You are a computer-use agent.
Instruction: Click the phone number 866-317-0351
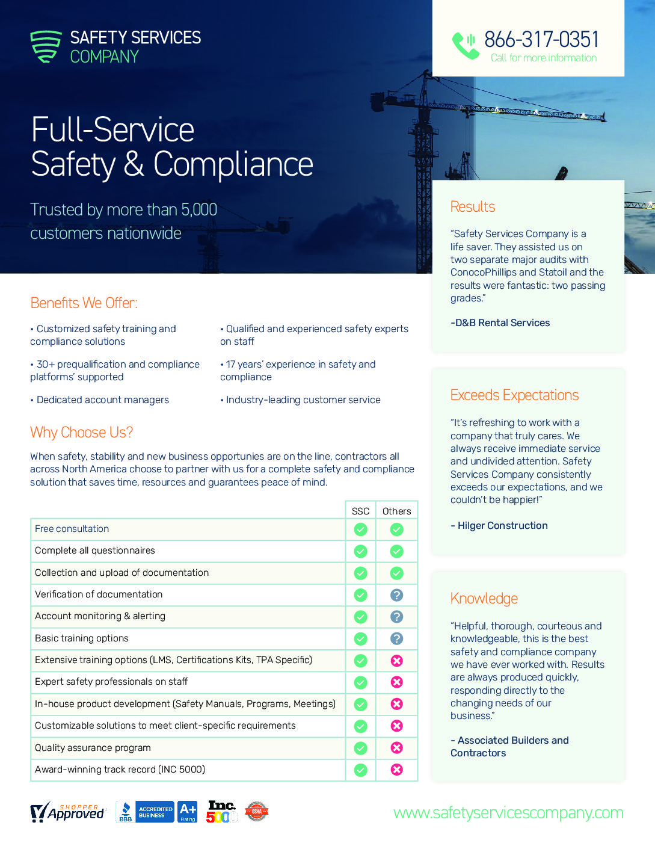pos(541,40)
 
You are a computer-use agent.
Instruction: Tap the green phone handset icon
pos(465,45)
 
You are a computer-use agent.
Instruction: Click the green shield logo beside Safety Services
pos(46,46)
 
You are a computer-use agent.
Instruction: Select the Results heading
pos(473,207)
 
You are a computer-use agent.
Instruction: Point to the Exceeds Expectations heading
pos(514,395)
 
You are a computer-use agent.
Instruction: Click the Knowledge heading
pos(484,599)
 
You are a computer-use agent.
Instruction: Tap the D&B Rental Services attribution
pos(500,323)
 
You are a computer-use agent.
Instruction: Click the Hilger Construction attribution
pos(500,526)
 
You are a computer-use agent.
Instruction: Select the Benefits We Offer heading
pos(84,303)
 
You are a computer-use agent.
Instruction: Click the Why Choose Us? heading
pos(81,433)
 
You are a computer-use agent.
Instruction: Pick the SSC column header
pos(360,511)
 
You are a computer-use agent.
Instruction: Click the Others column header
pos(396,511)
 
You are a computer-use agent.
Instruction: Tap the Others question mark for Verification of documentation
pos(396,595)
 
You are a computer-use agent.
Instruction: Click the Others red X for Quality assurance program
pos(396,748)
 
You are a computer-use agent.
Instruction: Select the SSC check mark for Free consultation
pos(360,529)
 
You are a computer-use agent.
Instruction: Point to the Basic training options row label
pos(82,638)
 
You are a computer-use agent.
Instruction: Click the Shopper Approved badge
pos(67,812)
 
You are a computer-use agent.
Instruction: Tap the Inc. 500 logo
pos(222,812)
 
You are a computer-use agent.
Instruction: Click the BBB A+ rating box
pos(188,812)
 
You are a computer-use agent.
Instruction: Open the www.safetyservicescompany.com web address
pos(508,813)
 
